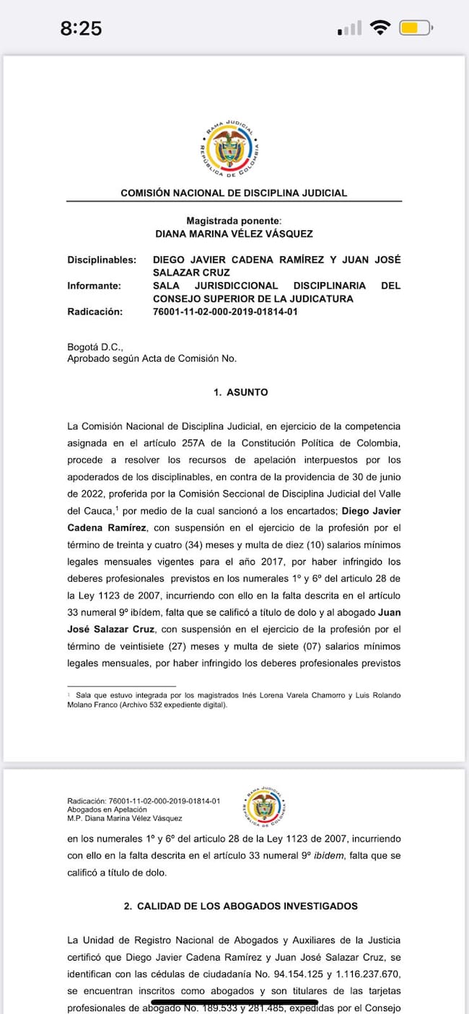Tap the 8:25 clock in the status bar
pyautogui.click(x=81, y=29)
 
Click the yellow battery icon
pyautogui.click(x=415, y=29)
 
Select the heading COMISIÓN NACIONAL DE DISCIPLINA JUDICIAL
pyautogui.click(x=234, y=193)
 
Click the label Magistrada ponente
pyautogui.click(x=233, y=221)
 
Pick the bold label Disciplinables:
pyautogui.click(x=102, y=259)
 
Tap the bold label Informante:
pyautogui.click(x=95, y=286)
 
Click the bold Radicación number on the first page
pyautogui.click(x=225, y=312)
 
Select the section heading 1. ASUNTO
pyautogui.click(x=240, y=393)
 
